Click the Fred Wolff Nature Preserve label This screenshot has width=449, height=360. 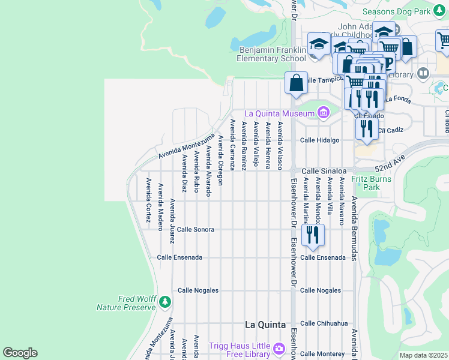click(125, 303)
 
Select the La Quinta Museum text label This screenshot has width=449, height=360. click(279, 113)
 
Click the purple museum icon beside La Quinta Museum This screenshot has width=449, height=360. click(324, 112)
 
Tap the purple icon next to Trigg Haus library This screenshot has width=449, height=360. click(279, 349)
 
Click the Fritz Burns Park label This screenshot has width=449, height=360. click(372, 183)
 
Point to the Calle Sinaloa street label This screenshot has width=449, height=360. click(325, 170)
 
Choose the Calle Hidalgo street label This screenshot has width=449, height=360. click(320, 140)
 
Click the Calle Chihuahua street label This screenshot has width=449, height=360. click(324, 323)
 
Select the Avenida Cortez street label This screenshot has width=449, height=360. click(148, 200)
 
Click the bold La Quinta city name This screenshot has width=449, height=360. click(265, 325)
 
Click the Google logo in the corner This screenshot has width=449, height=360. click(20, 353)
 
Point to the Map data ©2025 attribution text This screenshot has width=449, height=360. click(424, 355)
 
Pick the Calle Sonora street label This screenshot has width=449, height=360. click(195, 229)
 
